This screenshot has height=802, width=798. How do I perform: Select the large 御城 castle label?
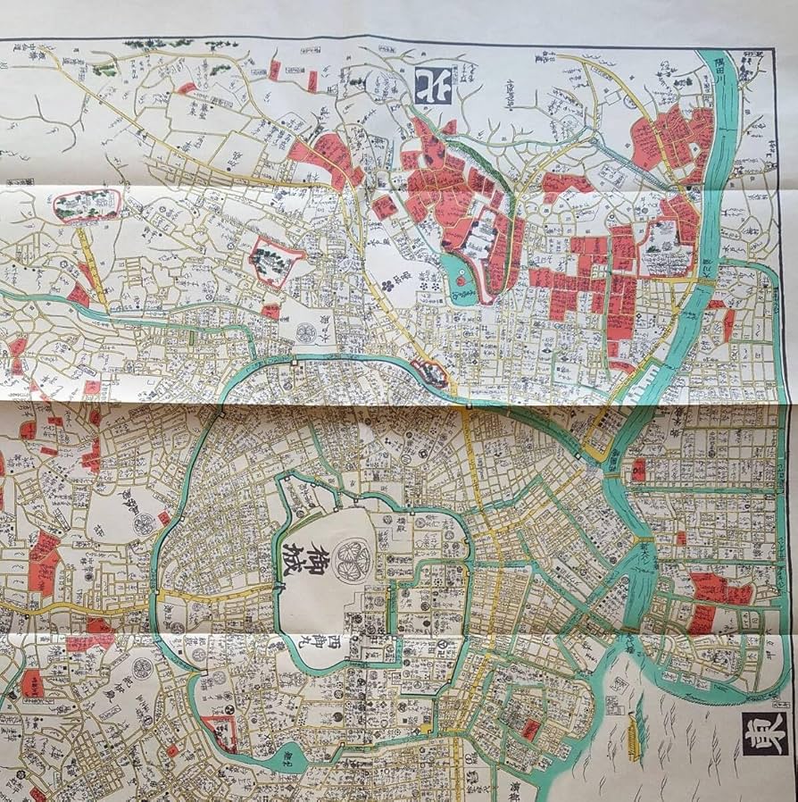[307, 560]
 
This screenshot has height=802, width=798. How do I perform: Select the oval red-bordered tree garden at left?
[87, 205]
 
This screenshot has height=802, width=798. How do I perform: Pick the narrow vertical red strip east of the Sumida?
[729, 323]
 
